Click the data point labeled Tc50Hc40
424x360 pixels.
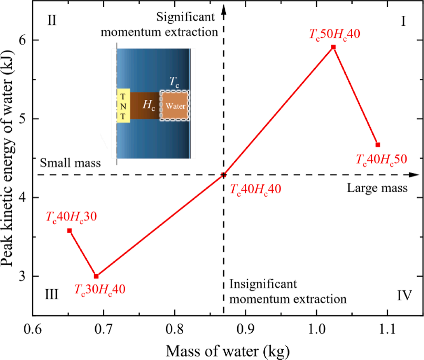[333, 47]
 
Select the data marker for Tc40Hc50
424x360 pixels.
[378, 145]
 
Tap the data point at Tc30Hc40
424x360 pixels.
[96, 276]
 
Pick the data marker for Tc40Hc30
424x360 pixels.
[69, 230]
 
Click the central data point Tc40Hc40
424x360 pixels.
[224, 175]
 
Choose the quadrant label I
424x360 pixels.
[403, 21]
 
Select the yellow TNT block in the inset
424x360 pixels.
[124, 105]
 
